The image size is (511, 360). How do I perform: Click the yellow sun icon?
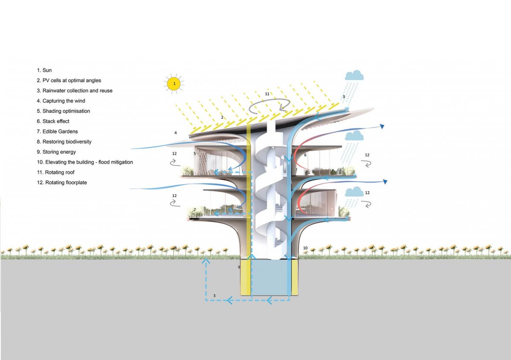coord(174,84)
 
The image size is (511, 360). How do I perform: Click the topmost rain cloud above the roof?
coord(354,76)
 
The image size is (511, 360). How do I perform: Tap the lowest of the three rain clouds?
coord(354,192)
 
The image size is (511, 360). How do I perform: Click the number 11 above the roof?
coord(267,94)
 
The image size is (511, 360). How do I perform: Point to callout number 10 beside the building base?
coord(305,248)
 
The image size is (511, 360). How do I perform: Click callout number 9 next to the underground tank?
coord(239,267)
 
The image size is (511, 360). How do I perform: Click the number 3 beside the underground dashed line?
coord(214,295)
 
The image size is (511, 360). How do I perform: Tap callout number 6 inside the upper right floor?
coord(305,155)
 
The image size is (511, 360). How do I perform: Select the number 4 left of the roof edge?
coord(175,133)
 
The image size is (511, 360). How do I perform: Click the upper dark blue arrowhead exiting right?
coord(383,126)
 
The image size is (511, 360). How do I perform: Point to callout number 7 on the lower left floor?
coord(195,210)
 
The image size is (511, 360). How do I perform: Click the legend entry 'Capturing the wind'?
coord(61,101)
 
